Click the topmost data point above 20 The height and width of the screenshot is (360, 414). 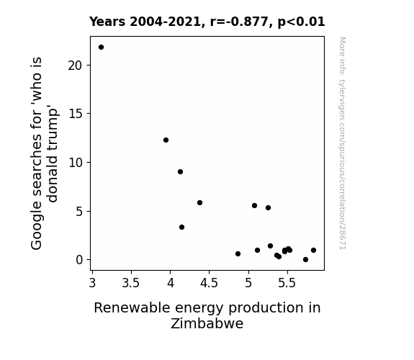[x=101, y=48]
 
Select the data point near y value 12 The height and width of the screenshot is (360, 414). [x=166, y=140]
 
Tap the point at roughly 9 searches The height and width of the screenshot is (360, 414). [x=180, y=171]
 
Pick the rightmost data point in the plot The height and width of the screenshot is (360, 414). [x=313, y=250]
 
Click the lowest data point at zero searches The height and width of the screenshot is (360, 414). [x=305, y=260]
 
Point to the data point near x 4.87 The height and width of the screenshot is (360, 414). [x=238, y=254]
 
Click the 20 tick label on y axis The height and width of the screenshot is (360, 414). [x=76, y=66]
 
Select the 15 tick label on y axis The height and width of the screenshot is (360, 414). [x=76, y=114]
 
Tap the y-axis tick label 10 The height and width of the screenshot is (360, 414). [x=76, y=163]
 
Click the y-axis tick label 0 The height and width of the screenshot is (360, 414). [x=79, y=260]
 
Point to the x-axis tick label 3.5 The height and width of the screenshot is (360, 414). [x=131, y=283]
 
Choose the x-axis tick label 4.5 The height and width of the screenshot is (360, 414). [x=209, y=283]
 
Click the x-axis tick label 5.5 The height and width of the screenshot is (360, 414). [x=287, y=283]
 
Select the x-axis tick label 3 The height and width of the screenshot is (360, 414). [x=92, y=283]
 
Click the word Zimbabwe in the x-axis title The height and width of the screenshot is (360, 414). [x=207, y=323]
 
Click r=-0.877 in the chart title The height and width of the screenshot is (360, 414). [x=239, y=22]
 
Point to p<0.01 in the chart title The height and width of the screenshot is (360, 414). [x=301, y=22]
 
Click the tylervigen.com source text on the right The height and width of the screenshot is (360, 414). [x=342, y=143]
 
